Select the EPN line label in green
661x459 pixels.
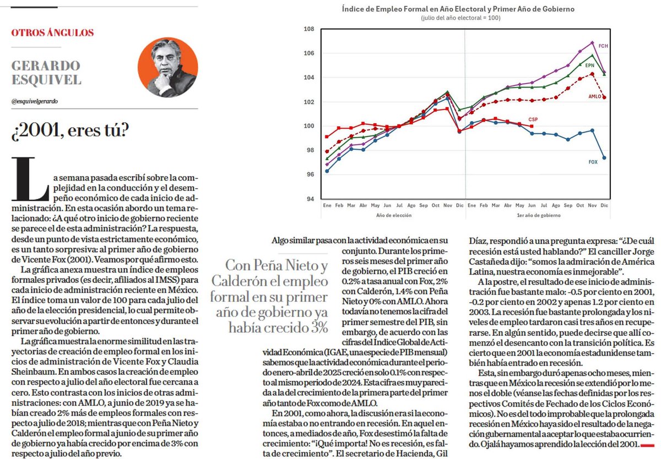coord(589,65)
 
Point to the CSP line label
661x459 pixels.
coord(533,119)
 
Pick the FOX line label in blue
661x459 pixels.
coord(593,162)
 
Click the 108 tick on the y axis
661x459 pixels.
coord(310,29)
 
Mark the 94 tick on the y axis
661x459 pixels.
coord(310,199)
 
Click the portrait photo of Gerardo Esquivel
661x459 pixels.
coord(175,68)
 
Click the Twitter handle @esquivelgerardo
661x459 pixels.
coord(35,101)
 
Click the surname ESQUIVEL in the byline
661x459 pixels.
coord(46,80)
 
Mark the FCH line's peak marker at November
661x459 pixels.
coord(592,42)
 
